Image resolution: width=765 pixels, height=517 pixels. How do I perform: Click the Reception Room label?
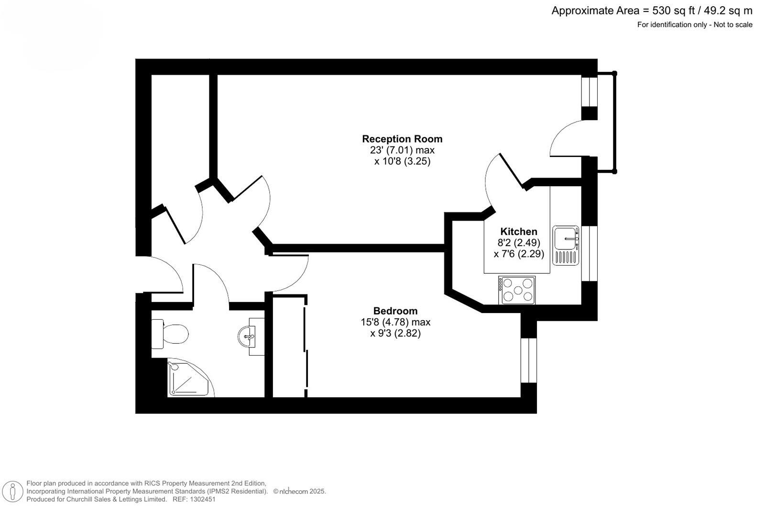pos(402,139)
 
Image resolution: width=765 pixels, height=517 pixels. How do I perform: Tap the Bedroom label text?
pos(395,311)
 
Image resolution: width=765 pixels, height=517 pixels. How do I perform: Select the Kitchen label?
pos(519,232)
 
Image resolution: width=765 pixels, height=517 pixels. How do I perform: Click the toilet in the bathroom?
pos(170,334)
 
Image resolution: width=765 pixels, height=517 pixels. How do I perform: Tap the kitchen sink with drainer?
pos(566,245)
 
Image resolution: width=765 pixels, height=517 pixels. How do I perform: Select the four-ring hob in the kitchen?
pos(517,290)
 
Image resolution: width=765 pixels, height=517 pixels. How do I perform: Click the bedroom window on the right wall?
pos(529,360)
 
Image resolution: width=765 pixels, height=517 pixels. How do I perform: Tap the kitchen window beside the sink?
pos(589,253)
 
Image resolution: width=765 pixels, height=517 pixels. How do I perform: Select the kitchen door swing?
pos(492,180)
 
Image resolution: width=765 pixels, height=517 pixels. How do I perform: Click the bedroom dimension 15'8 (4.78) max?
pos(395,322)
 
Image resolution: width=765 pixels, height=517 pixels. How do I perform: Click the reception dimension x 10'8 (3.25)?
pos(402,161)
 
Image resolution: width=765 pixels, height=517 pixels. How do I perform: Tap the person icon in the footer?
pos(13,492)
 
